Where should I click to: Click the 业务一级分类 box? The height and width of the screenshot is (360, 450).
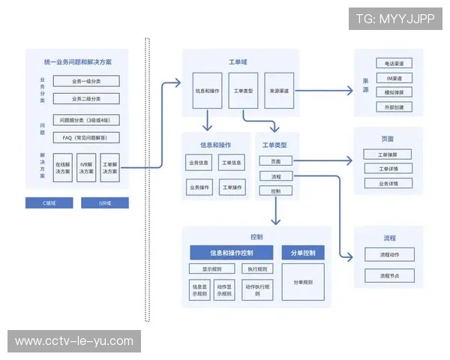[87, 81]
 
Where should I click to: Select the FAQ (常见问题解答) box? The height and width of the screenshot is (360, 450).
[87, 137]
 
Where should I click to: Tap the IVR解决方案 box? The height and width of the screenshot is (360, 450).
[87, 168]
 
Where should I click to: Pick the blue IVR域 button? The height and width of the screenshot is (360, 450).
[105, 202]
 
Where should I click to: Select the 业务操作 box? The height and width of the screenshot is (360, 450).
[199, 162]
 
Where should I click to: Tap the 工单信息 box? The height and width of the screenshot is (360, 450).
[232, 162]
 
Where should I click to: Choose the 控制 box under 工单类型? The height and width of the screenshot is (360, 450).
[275, 191]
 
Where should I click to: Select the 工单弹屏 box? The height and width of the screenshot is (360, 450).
[388, 154]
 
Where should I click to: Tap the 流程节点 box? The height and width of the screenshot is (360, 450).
[388, 276]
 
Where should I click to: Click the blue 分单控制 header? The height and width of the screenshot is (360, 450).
[303, 252]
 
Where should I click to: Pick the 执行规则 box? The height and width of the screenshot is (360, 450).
[257, 269]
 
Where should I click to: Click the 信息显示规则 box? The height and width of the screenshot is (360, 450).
[199, 290]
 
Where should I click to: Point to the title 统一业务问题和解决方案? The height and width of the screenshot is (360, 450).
[84, 61]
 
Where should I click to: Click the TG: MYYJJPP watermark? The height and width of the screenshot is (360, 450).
[394, 19]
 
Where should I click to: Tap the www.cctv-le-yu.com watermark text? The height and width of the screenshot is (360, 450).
[74, 341]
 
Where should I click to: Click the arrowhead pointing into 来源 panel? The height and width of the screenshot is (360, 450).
[349, 91]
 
